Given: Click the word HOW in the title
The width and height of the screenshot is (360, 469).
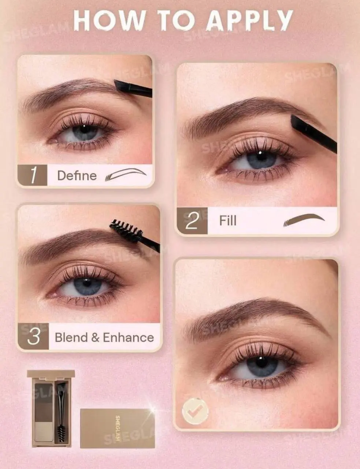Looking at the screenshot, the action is (x=110, y=20).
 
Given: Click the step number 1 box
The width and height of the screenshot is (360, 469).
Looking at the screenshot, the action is (x=32, y=175).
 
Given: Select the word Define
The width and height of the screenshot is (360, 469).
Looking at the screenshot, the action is (x=77, y=176).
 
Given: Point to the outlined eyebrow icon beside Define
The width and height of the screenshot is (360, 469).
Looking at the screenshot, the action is (x=126, y=174).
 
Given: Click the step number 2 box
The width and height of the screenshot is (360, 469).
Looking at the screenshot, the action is (x=192, y=220).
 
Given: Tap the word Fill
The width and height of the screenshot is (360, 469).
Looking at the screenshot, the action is (x=228, y=221).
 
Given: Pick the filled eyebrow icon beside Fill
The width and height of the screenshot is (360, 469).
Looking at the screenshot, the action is (x=304, y=220).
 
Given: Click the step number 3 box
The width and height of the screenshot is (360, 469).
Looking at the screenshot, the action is (x=33, y=336).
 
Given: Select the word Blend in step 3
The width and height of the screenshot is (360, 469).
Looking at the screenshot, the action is (x=71, y=337).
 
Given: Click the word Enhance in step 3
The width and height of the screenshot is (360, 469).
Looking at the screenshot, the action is (x=128, y=337).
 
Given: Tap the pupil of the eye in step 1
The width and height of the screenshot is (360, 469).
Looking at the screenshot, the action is (x=84, y=129).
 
